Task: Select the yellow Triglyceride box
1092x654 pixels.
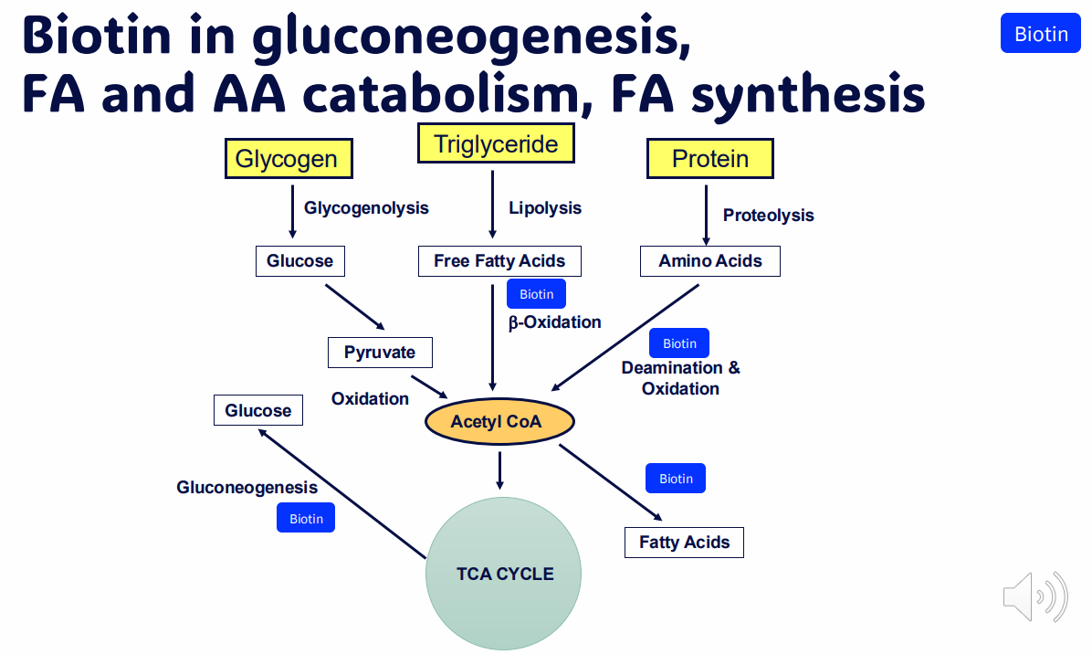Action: pos(496,144)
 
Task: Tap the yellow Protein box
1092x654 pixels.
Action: pos(709,159)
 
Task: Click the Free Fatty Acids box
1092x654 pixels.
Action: pos(499,261)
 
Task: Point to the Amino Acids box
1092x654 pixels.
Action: pos(709,261)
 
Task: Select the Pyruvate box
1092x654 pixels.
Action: pos(379,353)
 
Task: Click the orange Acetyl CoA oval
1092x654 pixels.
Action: pos(499,422)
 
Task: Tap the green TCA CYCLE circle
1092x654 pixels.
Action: pos(503,574)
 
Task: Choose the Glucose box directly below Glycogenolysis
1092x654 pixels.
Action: pos(299,261)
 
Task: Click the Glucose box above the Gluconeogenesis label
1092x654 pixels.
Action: pos(257,411)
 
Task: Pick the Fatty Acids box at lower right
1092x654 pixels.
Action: pos(684,543)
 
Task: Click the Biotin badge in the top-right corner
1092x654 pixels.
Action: pos(1040,34)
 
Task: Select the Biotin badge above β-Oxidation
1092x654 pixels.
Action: pos(536,294)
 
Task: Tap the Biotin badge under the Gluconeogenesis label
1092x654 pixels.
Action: pos(306,519)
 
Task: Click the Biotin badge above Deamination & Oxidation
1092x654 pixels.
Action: pos(678,343)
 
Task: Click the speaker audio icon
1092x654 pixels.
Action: pos(1034,597)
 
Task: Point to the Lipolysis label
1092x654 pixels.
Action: pos(544,208)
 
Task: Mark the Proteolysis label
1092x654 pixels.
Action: pos(768,216)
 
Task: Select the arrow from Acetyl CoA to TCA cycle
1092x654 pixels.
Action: pos(499,469)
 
